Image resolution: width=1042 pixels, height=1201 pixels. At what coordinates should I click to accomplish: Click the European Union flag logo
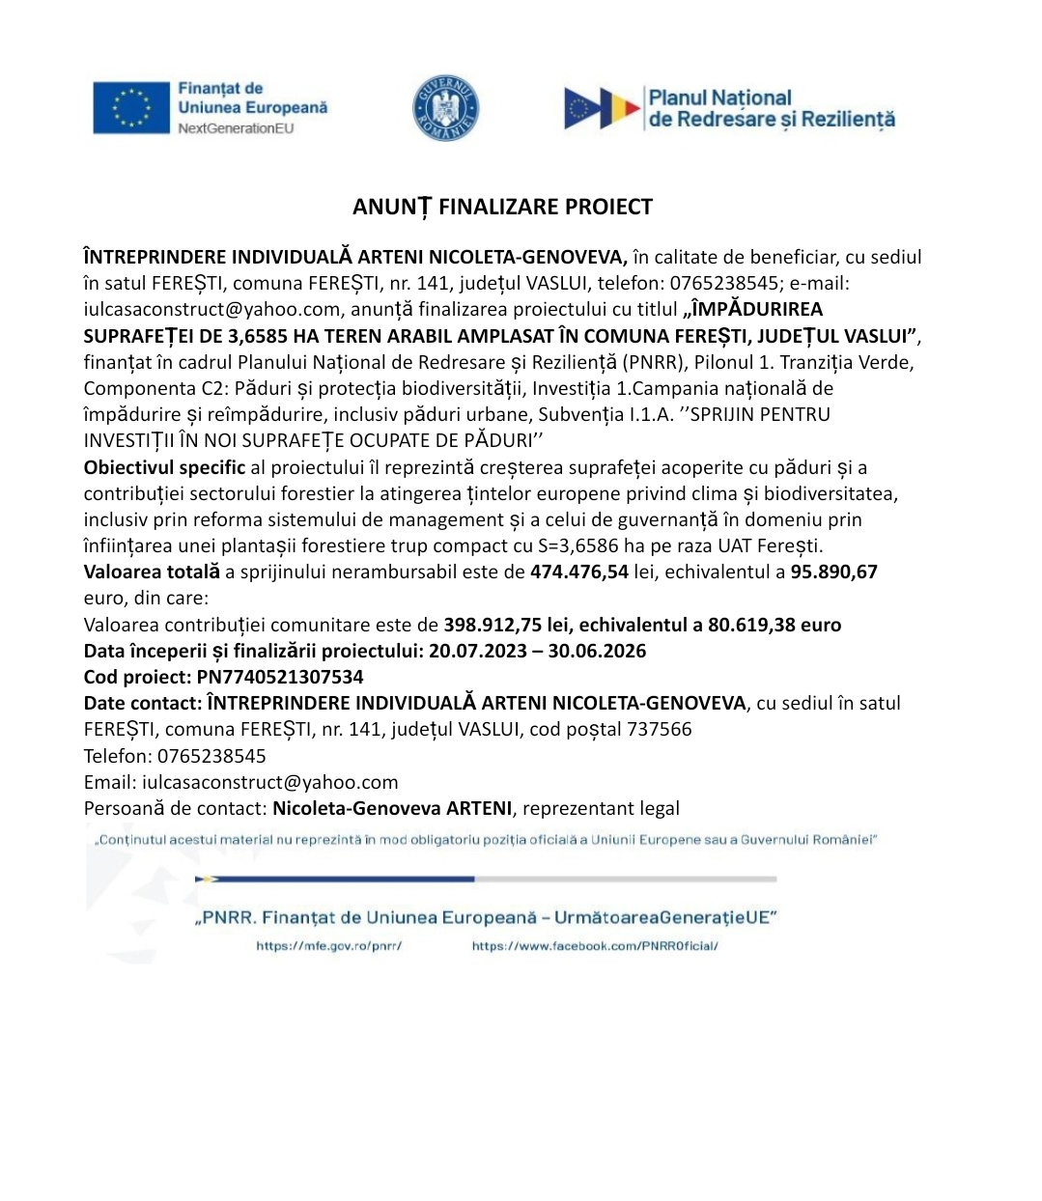pyautogui.click(x=131, y=107)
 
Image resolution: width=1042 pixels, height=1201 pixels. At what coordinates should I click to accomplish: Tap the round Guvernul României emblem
pyautogui.click(x=445, y=107)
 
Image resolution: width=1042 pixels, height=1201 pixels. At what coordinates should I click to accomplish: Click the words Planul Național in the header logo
pyautogui.click(x=719, y=98)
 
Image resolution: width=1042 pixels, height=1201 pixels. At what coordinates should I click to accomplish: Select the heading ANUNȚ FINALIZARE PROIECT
pyautogui.click(x=502, y=207)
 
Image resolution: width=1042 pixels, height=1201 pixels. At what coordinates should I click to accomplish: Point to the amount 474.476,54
pyautogui.click(x=579, y=572)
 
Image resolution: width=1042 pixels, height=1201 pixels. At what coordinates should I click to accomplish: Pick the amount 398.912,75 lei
pyautogui.click(x=506, y=625)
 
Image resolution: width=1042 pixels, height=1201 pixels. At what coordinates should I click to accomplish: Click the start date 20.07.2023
pyautogui.click(x=478, y=651)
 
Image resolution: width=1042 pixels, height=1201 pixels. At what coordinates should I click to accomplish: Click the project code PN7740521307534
pyautogui.click(x=280, y=677)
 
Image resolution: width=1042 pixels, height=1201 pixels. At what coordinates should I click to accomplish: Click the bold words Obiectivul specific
pyautogui.click(x=164, y=467)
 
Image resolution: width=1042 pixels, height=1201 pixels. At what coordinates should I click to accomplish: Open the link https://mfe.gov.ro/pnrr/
pyautogui.click(x=328, y=946)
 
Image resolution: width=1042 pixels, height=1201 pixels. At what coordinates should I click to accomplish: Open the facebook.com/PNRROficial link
pyautogui.click(x=595, y=946)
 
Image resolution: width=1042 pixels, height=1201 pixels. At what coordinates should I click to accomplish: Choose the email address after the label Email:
pyautogui.click(x=270, y=782)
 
